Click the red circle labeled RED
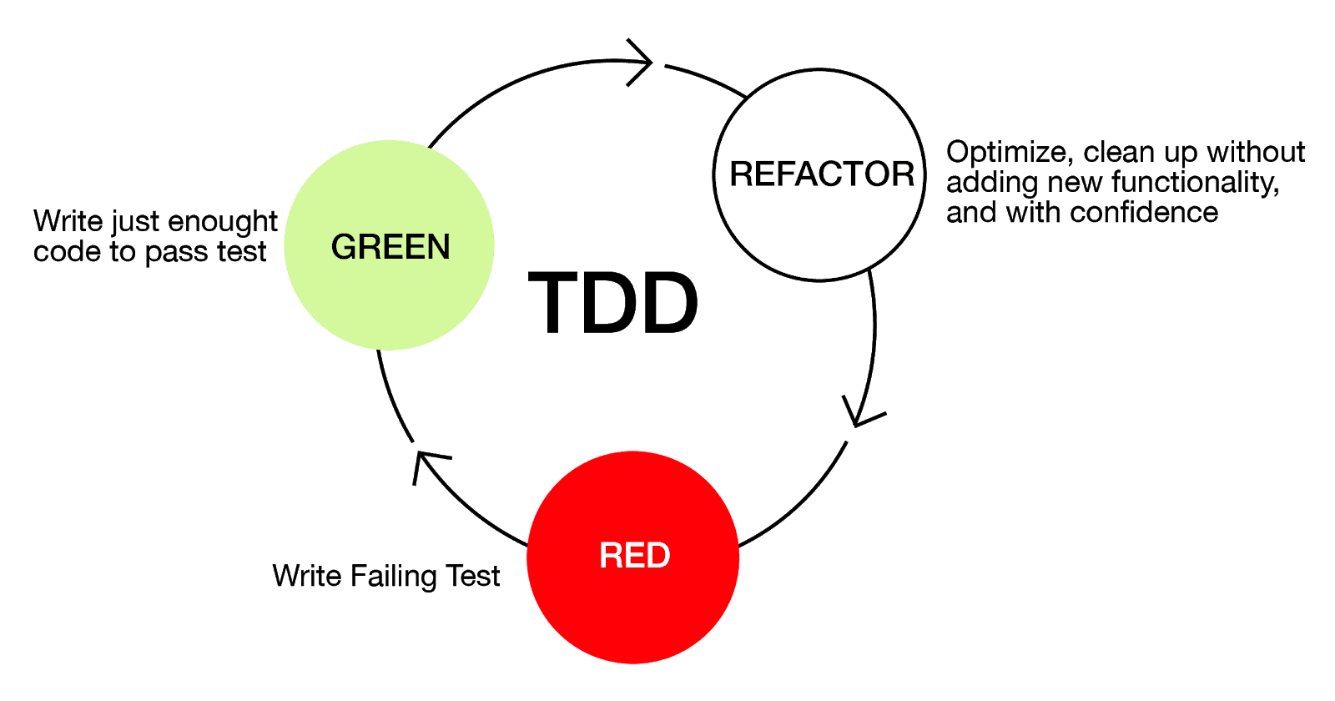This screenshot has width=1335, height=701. click(633, 557)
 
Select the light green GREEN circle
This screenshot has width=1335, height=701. click(390, 245)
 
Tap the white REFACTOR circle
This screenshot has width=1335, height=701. click(819, 174)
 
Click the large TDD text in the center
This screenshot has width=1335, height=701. click(614, 304)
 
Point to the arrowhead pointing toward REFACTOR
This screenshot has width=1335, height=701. click(642, 61)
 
